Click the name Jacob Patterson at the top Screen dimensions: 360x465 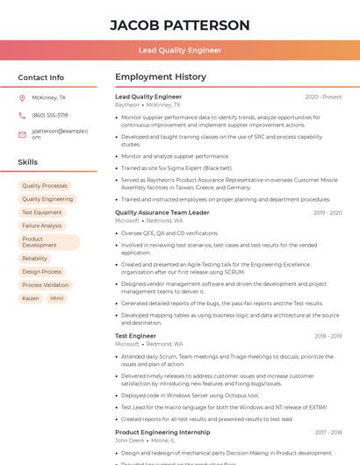click(x=179, y=25)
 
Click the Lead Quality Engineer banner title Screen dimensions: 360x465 click(x=179, y=50)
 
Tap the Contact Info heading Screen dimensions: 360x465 click(x=40, y=77)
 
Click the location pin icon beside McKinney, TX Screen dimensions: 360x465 click(x=22, y=98)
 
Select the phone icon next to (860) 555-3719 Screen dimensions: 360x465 click(x=22, y=115)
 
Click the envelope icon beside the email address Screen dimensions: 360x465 click(x=22, y=134)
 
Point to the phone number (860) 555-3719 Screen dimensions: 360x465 click(x=49, y=115)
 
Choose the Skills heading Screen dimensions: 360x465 click(x=27, y=162)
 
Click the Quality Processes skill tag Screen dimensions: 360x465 click(x=44, y=186)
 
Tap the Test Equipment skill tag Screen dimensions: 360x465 click(x=42, y=212)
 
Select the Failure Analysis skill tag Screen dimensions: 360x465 click(x=42, y=225)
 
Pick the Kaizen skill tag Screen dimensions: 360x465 click(x=31, y=298)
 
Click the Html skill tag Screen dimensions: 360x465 click(x=56, y=298)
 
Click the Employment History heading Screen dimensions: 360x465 click(x=160, y=77)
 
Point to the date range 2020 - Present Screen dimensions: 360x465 click(x=323, y=97)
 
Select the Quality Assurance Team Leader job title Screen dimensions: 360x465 click(x=162, y=212)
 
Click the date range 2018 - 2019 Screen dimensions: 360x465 click(x=328, y=335)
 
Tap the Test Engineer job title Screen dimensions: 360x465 click(x=135, y=335)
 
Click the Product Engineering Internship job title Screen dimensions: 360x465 click(x=162, y=432)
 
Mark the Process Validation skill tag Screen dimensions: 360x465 click(x=45, y=285)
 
